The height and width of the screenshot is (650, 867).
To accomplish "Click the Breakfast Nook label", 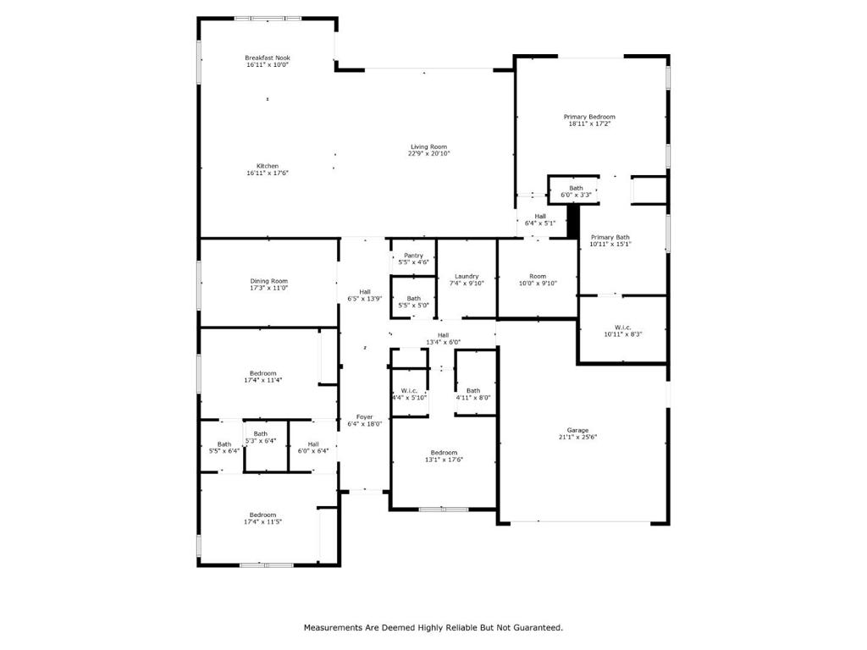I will pos(268,58).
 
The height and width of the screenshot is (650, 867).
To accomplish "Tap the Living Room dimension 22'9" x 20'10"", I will pos(428,154).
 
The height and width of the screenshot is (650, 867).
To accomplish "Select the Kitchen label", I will pos(268,166).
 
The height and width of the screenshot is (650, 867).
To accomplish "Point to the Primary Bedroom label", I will pos(589,117).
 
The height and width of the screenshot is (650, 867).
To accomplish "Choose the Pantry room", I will pos(413,256).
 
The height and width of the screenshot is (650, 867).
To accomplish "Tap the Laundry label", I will pos(467,276).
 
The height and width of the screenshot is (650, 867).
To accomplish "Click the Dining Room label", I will pos(268,281).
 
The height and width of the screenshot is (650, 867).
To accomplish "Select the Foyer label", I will pos(364,416).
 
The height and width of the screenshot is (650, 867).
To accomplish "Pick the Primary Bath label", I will pos(610,238).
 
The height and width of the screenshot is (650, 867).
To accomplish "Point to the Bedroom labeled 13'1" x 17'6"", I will pos(443,452).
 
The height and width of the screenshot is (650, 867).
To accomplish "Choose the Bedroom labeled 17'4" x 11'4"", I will pos(262,372).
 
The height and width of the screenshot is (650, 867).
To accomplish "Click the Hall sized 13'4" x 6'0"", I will pos(443,335).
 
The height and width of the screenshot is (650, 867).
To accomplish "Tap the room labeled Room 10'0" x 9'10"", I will pos(538,276).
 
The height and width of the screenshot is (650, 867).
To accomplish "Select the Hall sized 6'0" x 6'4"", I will pos(313,443).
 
